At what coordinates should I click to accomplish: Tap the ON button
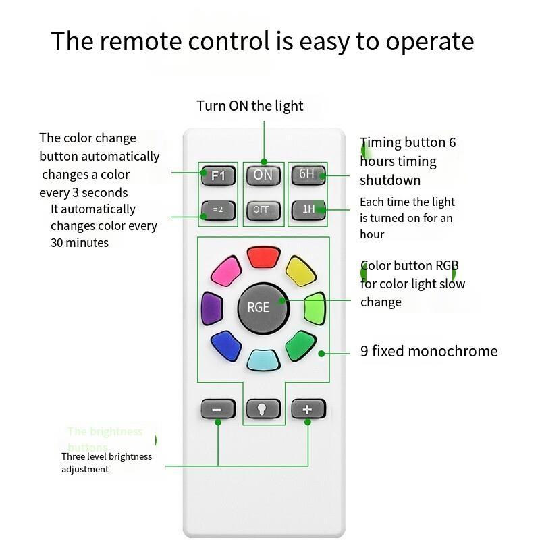[x=263, y=175]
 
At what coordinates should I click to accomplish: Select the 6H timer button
[x=308, y=174]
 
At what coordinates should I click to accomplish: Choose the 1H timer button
[x=308, y=209]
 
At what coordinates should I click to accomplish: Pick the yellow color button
[x=300, y=269]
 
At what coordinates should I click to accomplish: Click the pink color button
[x=226, y=270]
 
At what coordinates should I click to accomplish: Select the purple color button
[x=212, y=308]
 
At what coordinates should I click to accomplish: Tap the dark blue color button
[x=226, y=346]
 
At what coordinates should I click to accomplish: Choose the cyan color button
[x=263, y=360]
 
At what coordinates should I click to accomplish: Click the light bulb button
[x=263, y=409]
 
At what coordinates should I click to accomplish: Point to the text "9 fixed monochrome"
[x=429, y=351]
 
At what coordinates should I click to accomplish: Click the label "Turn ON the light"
[x=250, y=106]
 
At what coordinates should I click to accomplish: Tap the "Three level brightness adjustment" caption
[x=107, y=462]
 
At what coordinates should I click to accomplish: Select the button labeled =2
[x=217, y=210]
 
